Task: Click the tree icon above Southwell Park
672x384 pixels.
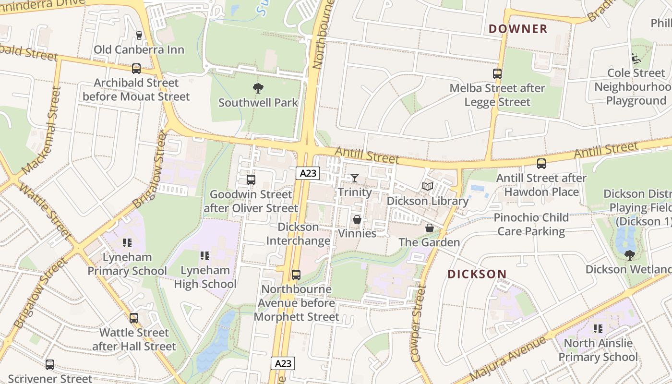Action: pos(258,88)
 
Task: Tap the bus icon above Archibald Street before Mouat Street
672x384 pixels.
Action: pos(136,69)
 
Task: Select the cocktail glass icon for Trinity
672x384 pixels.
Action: pos(354,178)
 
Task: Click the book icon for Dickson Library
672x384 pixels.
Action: pos(427,186)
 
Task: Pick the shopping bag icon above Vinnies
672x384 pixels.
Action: pos(357,219)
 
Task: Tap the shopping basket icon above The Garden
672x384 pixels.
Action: pos(430,228)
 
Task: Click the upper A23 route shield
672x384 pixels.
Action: pos(307,173)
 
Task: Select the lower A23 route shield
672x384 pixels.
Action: pos(283,363)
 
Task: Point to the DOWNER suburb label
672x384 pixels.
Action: pos(518,29)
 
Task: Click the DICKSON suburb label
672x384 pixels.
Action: pos(477,274)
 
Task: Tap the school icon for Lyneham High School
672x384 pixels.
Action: pos(205,256)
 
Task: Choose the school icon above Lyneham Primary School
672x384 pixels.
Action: pos(127,243)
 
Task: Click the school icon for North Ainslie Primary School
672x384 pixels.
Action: pos(598,329)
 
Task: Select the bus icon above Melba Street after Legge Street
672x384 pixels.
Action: pos(497,74)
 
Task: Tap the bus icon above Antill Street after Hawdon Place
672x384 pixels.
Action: pos(541,164)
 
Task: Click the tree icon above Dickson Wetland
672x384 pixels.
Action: pos(629,255)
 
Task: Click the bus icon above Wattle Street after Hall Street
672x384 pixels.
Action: pos(134,318)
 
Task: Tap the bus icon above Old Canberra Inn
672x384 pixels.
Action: pos(139,35)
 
